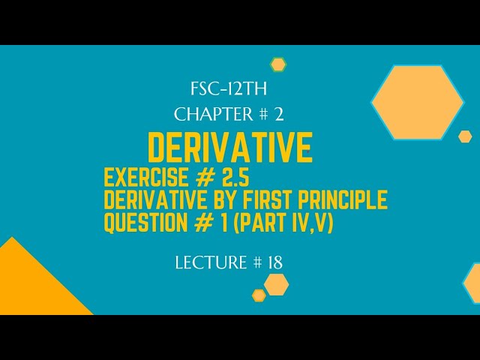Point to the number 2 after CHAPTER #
pos(278,114)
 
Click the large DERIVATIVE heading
pos(230,148)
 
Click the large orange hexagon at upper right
pos(418,103)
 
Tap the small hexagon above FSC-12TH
pos(278,64)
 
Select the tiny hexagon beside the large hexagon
pos(465,136)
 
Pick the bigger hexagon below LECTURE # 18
pos(277,284)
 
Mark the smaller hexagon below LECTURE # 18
pos(259,295)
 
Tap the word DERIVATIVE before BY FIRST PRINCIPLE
pos(157,201)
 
